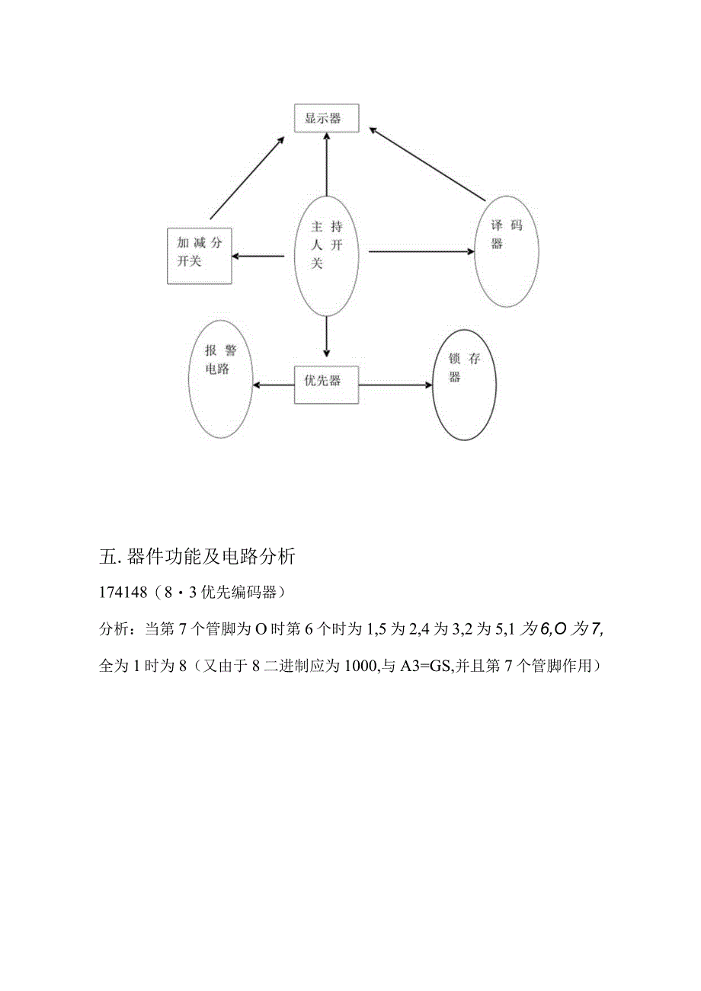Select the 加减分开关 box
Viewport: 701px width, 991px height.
pyautogui.click(x=200, y=255)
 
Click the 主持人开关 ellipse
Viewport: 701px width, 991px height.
pyautogui.click(x=327, y=256)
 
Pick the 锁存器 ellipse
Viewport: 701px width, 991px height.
pyautogui.click(x=464, y=385)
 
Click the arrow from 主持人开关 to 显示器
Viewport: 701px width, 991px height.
pyautogui.click(x=326, y=164)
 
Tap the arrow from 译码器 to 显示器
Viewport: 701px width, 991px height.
pyautogui.click(x=427, y=165)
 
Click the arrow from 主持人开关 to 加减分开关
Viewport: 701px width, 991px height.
pyautogui.click(x=262, y=255)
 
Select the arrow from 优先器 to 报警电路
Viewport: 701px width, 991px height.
pyautogui.click(x=273, y=385)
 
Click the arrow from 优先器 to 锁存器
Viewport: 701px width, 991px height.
pyautogui.click(x=395, y=385)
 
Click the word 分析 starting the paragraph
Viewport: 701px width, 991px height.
pyautogui.click(x=114, y=630)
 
